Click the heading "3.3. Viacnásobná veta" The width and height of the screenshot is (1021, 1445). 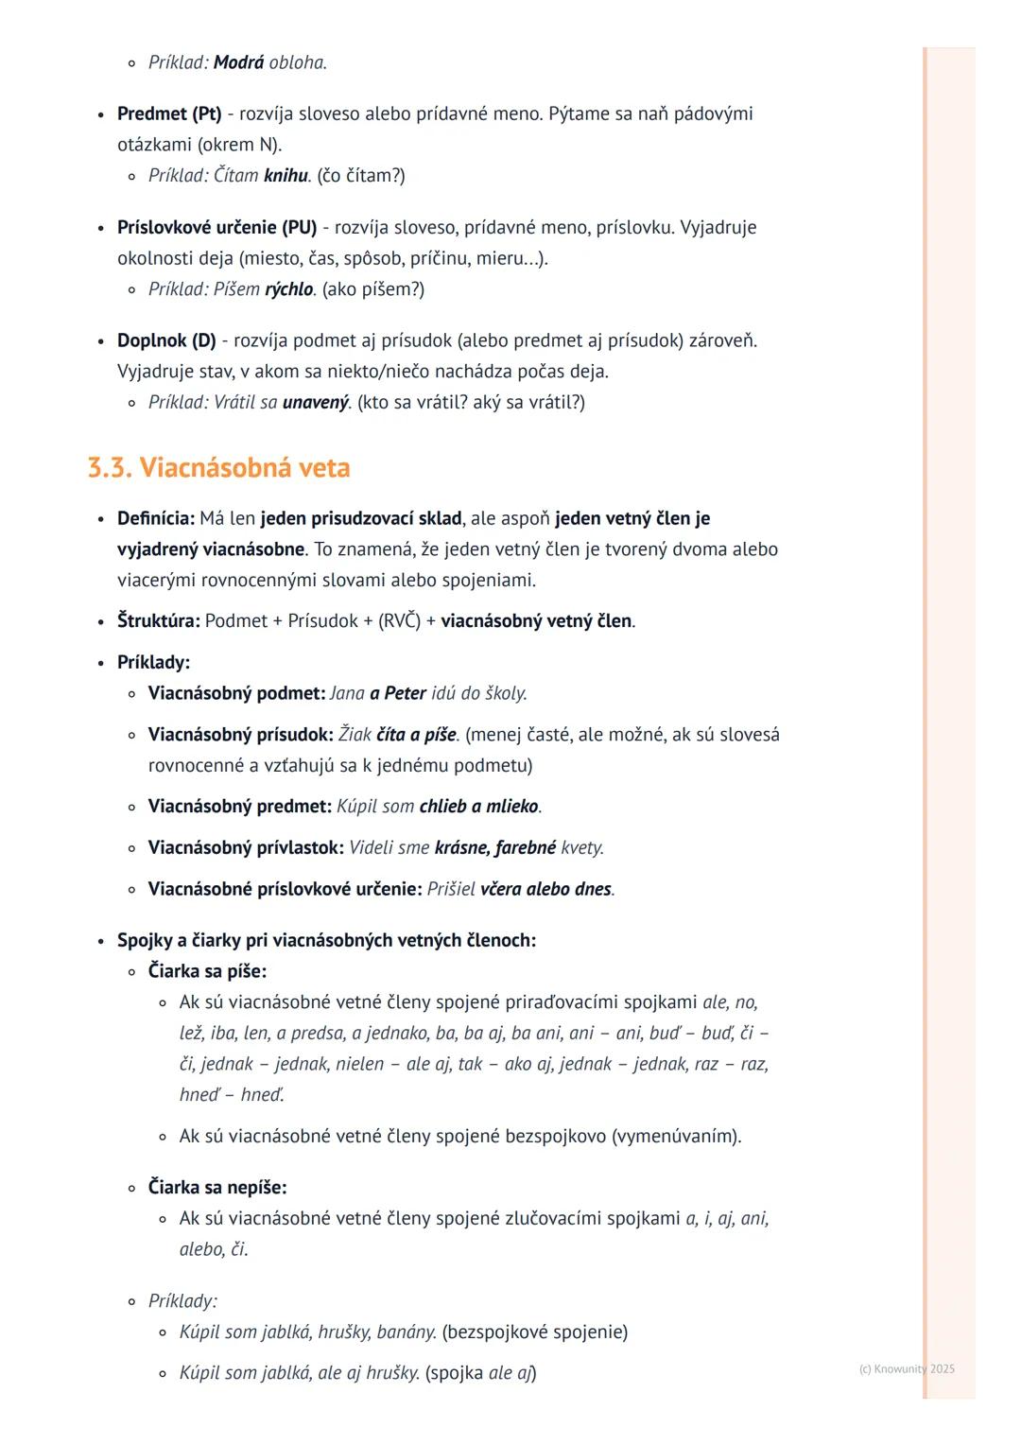[218, 468]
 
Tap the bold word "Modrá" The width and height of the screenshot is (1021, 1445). [238, 63]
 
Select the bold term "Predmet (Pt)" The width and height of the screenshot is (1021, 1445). [169, 114]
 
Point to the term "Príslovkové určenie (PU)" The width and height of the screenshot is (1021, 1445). [216, 228]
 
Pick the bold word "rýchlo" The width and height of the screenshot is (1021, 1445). [288, 289]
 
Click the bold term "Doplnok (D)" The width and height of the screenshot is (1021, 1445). [166, 340]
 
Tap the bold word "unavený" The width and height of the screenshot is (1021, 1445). [316, 403]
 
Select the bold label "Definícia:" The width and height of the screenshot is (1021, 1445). [156, 519]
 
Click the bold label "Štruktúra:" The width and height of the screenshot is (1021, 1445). [158, 621]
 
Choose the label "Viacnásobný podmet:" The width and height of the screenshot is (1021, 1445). [236, 693]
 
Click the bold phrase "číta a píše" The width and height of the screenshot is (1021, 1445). [416, 735]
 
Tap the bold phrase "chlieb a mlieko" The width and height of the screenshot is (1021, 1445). [478, 807]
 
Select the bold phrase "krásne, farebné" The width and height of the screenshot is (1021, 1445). [494, 848]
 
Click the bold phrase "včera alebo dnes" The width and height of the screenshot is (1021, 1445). [545, 890]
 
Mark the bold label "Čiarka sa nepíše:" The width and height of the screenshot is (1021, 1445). [217, 1188]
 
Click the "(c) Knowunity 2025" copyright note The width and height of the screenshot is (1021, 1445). [907, 1369]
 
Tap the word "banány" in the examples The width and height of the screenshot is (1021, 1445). [406, 1332]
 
